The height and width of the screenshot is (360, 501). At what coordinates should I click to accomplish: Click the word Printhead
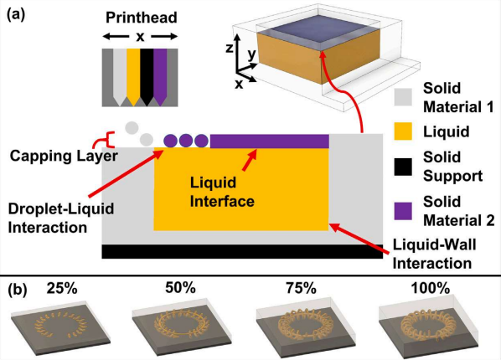pyautogui.click(x=142, y=18)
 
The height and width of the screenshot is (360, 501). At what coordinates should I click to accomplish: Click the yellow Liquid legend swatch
pyautogui.click(x=403, y=131)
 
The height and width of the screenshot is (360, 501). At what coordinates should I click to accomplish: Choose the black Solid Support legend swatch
pyautogui.click(x=403, y=167)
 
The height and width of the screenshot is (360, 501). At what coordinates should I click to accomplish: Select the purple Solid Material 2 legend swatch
pyautogui.click(x=403, y=211)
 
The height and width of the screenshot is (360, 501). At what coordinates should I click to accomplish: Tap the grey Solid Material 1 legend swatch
pyautogui.click(x=403, y=97)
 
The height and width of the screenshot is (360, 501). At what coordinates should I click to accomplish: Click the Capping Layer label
pyautogui.click(x=64, y=157)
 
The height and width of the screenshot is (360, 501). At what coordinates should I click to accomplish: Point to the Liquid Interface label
pyautogui.click(x=222, y=192)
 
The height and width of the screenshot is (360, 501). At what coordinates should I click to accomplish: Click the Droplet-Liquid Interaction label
pyautogui.click(x=61, y=219)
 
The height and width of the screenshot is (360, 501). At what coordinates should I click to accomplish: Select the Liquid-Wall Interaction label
pyautogui.click(x=434, y=255)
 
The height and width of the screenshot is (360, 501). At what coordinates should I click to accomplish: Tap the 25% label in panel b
pyautogui.click(x=62, y=289)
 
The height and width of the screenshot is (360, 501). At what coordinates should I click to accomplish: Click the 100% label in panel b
pyautogui.click(x=431, y=289)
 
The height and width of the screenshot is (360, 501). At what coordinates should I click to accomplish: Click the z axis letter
pyautogui.click(x=229, y=48)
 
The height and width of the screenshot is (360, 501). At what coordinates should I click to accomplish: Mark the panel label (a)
pyautogui.click(x=16, y=15)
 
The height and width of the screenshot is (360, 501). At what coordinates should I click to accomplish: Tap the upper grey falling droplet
pyautogui.click(x=132, y=128)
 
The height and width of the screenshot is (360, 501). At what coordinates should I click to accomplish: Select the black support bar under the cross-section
pyautogui.click(x=242, y=251)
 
